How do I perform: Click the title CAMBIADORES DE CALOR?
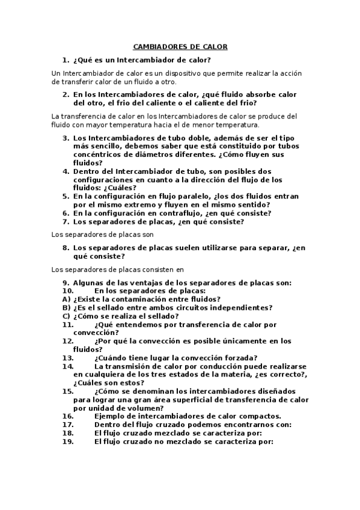pos(180,47)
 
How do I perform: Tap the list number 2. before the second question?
pos(66,94)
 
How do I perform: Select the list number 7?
pos(66,221)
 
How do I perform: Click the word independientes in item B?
pos(241,307)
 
